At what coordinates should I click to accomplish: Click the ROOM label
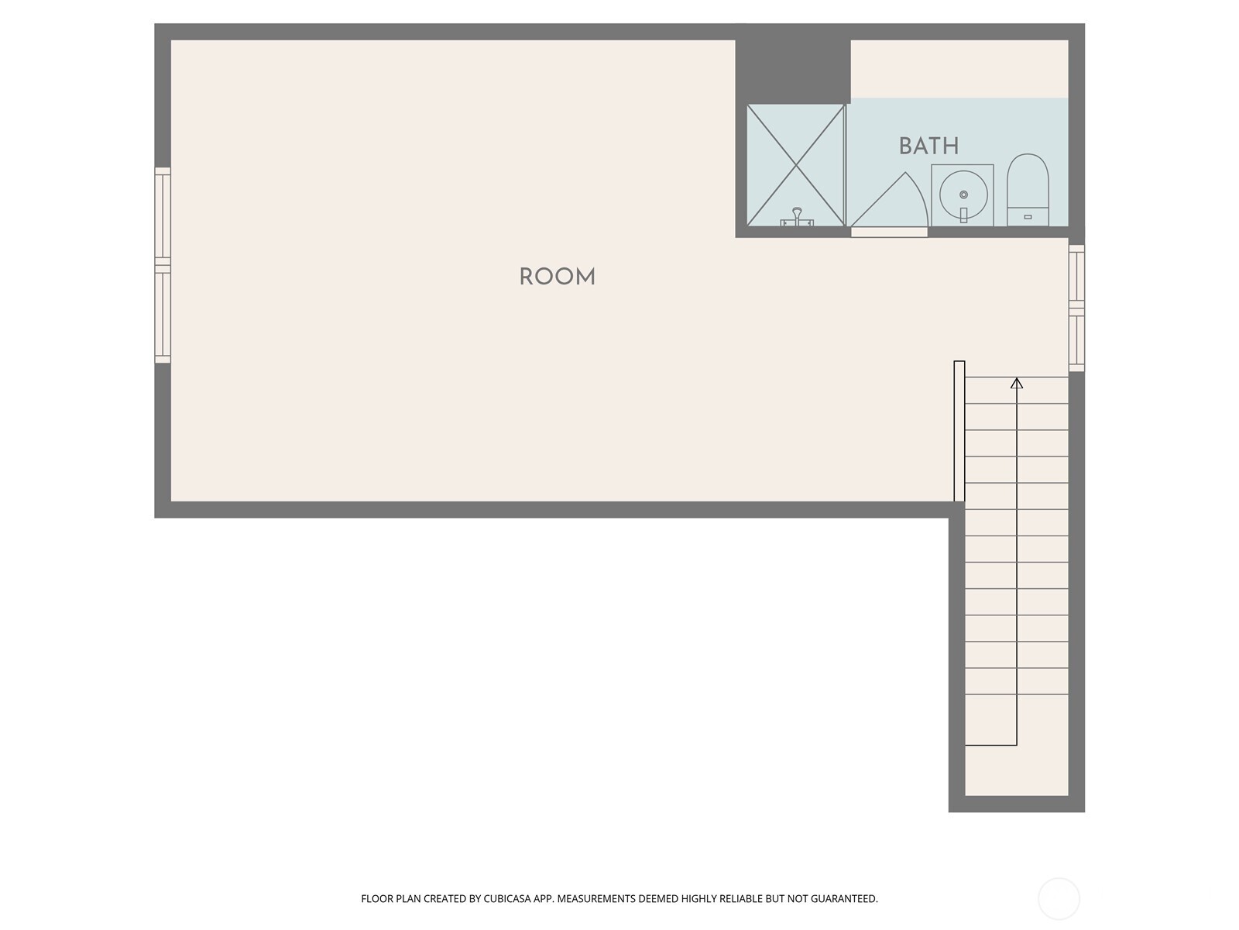coord(557,277)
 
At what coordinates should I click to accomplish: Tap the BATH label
coord(928,146)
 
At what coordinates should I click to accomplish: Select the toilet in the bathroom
coord(1028,190)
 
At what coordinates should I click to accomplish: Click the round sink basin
coord(963,195)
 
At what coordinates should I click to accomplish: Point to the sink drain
coord(963,195)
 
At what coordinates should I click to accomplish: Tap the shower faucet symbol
coord(797,217)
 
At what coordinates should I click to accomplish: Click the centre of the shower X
coord(795,165)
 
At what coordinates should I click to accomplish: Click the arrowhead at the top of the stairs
coord(1017,383)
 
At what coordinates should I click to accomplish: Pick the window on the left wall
coord(163,265)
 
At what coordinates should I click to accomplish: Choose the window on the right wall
coord(1076,308)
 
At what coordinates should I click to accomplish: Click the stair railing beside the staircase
coord(959,431)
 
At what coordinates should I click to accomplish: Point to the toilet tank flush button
coord(1028,217)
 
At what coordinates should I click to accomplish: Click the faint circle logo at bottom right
coord(1059,898)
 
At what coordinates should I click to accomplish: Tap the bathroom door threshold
coord(889,232)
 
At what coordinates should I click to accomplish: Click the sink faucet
coord(963,215)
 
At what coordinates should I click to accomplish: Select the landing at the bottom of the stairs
coord(1016,770)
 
